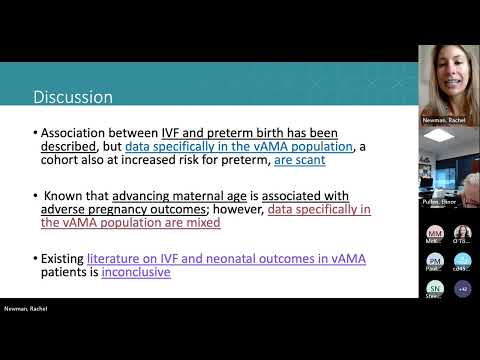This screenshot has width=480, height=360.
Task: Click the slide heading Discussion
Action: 73,97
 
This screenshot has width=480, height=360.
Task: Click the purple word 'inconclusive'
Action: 136,271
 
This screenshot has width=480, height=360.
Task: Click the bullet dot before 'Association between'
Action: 34,133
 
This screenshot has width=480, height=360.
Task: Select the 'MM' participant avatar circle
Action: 435,233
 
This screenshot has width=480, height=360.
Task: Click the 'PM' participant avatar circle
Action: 435,261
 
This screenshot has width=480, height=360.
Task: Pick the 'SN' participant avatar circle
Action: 435,288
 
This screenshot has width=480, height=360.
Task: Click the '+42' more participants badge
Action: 462,288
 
